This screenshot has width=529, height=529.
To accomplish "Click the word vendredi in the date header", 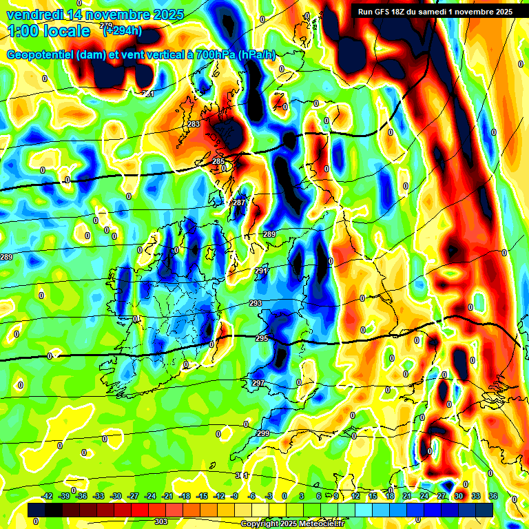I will [34, 14].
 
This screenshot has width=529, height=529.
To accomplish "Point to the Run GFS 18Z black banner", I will [435, 11].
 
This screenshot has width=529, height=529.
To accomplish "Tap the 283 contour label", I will [194, 124].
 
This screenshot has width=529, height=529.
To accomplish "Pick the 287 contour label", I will [239, 203].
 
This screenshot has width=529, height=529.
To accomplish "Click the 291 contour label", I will [261, 271].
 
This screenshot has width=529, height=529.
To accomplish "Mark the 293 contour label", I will [256, 303].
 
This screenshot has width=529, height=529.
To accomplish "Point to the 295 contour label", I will [262, 338].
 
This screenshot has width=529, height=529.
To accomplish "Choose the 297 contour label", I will [258, 383].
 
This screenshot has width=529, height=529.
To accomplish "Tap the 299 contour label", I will [263, 433].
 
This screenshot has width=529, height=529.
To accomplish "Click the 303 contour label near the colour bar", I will [160, 521].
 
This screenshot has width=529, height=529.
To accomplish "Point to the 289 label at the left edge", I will [6, 257].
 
